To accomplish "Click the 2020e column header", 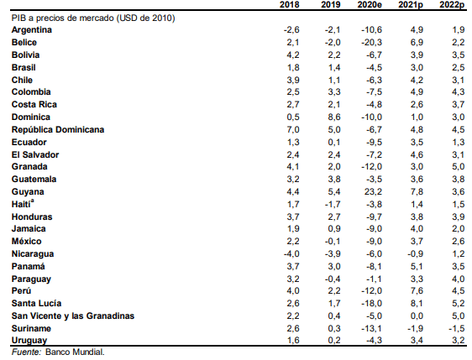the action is tap(370, 5).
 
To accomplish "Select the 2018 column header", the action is tap(290, 5).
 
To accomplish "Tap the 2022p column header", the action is tap(452, 5).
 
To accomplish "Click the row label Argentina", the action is tap(32, 29).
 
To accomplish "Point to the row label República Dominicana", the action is tap(58, 129).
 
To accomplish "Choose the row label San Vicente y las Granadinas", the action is tap(73, 316).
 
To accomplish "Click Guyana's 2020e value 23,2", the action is tap(373, 191).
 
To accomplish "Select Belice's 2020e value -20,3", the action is tap(371, 43).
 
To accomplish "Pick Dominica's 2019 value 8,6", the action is tap(334, 117).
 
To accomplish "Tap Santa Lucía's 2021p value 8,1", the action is tap(417, 303).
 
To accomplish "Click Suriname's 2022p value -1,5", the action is tap(456, 328).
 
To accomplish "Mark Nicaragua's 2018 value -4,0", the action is tap(291, 253).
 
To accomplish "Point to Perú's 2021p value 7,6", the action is tap(417, 291).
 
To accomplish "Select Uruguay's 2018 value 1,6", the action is tap(293, 340).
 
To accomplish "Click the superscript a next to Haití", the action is tap(32, 201).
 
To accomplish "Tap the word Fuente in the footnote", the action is tap(26, 352).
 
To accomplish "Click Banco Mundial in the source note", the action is tap(75, 352).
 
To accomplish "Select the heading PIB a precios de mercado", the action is tap(63, 18).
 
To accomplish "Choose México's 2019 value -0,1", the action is tap(333, 241).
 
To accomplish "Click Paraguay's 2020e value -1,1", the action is tap(374, 279).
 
